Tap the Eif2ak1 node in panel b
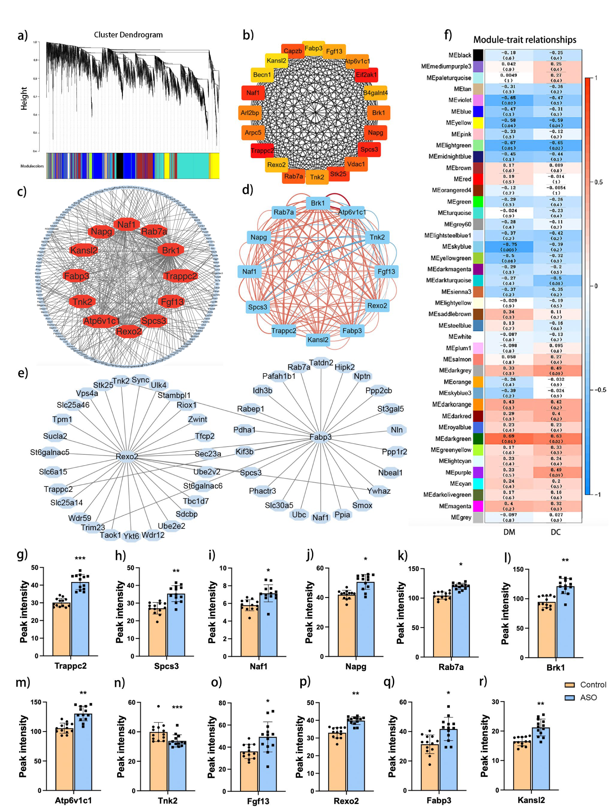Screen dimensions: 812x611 click(366, 75)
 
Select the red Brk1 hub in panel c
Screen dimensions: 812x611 click(171, 250)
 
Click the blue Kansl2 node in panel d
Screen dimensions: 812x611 click(318, 339)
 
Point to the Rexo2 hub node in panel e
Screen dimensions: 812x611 click(127, 456)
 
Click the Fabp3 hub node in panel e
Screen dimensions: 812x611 click(320, 437)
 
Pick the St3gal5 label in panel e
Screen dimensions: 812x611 click(390, 409)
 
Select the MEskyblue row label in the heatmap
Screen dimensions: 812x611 click(456, 247)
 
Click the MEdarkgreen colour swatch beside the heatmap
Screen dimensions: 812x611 click(477, 439)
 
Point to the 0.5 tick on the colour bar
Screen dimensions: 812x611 click(598, 182)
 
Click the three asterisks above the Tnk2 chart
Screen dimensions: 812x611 click(177, 707)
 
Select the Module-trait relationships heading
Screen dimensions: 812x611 click(524, 40)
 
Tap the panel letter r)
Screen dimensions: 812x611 click(483, 681)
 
